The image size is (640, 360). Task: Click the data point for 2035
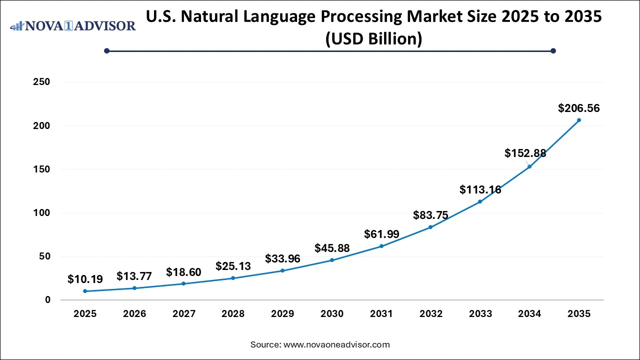pos(579,120)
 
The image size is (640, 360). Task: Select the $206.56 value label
pos(579,108)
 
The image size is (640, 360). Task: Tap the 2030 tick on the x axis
pos(332,314)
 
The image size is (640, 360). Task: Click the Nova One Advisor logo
pos(73,26)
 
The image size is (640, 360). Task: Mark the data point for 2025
pos(85,291)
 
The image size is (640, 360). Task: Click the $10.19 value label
pos(85,279)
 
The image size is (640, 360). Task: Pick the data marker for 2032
pos(430,227)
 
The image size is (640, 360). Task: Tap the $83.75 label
pos(430,215)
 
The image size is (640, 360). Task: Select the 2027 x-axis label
pos(184,314)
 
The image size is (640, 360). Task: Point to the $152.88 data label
pos(525,153)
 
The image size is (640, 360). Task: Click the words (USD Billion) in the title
pos(373,38)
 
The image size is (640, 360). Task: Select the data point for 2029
pos(282,270)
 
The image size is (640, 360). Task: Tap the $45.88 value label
pos(332,248)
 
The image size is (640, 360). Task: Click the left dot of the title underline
pos(106,50)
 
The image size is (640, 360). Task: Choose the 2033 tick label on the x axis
pos(480,314)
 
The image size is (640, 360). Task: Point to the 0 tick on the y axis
pos(47,300)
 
